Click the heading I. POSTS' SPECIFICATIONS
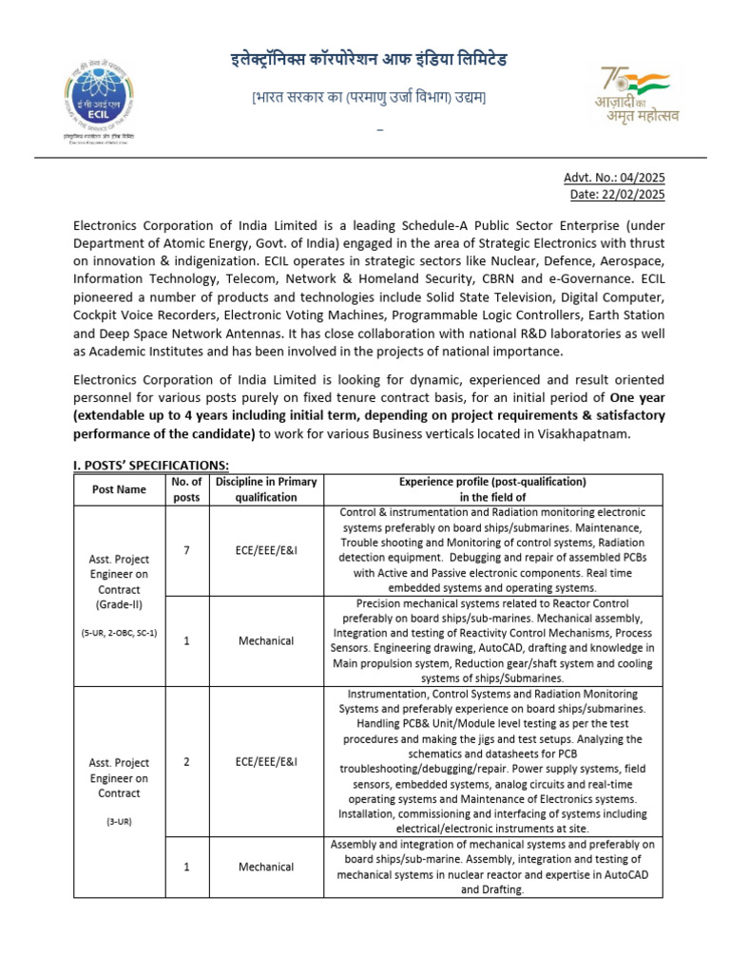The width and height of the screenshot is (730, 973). (151, 464)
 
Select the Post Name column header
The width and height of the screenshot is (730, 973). (119, 489)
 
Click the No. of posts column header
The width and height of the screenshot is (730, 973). (186, 489)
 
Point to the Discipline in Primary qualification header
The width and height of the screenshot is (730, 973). (266, 489)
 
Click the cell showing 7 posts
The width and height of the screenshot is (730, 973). (186, 550)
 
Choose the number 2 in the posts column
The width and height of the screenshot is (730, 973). (186, 761)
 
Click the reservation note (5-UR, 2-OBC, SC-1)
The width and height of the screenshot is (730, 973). (119, 631)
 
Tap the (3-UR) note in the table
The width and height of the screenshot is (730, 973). (119, 821)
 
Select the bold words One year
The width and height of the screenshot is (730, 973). (624, 398)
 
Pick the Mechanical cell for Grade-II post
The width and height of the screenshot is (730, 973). (266, 640)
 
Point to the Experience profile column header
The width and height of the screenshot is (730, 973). (492, 489)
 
